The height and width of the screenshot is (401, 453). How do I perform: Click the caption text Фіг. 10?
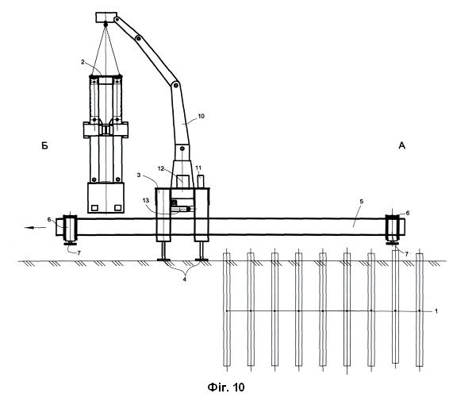point(226,387)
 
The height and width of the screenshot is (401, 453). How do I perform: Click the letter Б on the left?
point(44,146)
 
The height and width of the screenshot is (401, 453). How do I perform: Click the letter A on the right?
point(402,146)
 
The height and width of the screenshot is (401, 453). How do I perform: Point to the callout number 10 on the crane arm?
point(201,116)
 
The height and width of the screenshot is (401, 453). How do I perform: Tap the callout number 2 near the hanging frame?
point(83,62)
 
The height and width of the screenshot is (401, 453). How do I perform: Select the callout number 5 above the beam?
point(361,201)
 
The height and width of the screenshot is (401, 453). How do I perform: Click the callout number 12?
point(161,168)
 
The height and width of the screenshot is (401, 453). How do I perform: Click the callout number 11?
point(198,168)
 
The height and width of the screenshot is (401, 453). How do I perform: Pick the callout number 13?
point(146,200)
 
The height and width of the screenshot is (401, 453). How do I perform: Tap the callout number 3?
point(139,175)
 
